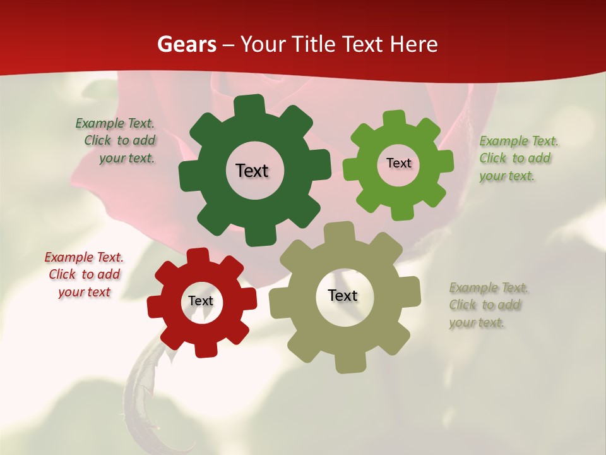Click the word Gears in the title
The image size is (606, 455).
[186, 44]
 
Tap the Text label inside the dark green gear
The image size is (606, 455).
[252, 171]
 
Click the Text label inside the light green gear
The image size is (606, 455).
[398, 163]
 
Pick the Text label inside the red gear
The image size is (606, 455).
[201, 301]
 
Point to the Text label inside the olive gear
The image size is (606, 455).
[343, 295]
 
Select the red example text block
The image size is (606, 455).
[84, 274]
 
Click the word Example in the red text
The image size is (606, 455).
[69, 257]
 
